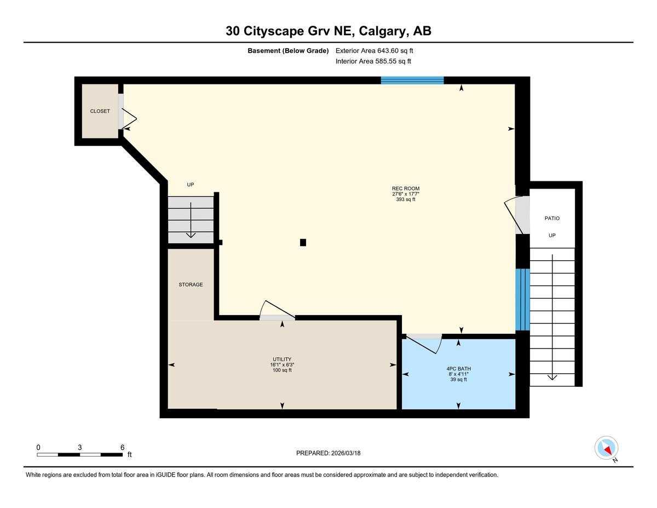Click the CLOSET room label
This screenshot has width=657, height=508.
pyautogui.click(x=100, y=111)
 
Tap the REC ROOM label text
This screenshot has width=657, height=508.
pyautogui.click(x=405, y=189)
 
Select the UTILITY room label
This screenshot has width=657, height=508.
pyautogui.click(x=283, y=359)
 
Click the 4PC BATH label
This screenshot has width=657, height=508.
pyautogui.click(x=458, y=368)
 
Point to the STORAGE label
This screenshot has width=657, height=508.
pyautogui.click(x=191, y=284)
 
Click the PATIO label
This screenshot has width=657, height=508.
pyautogui.click(x=552, y=218)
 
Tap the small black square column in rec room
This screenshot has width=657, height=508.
pyautogui.click(x=303, y=242)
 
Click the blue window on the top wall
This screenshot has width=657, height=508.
pyautogui.click(x=412, y=81)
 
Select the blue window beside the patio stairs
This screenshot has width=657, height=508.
pyautogui.click(x=522, y=299)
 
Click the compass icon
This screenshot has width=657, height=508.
pyautogui.click(x=606, y=448)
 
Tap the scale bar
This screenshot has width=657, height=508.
pyautogui.click(x=79, y=454)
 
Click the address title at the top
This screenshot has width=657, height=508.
pyautogui.click(x=328, y=31)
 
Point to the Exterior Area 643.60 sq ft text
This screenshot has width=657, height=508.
pyautogui.click(x=374, y=50)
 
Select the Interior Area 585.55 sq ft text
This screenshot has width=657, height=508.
pyautogui.click(x=373, y=61)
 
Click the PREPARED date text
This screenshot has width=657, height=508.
pyautogui.click(x=328, y=453)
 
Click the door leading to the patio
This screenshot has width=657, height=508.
pyautogui.click(x=516, y=214)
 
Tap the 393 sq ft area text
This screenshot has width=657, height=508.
pyautogui.click(x=405, y=199)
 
